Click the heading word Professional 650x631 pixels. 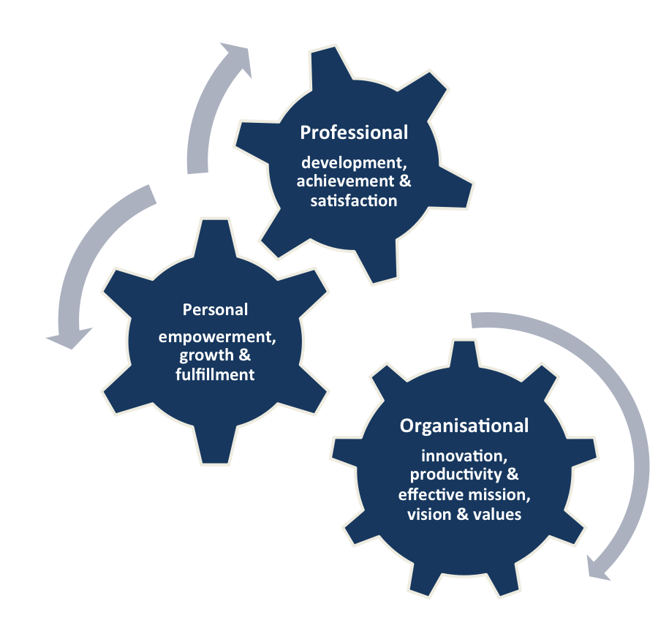click(x=354, y=132)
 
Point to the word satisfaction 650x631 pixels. click(x=352, y=200)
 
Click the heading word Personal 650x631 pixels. click(x=215, y=309)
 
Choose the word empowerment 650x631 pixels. click(x=217, y=339)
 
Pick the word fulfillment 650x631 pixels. click(x=217, y=374)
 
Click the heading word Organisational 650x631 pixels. click(x=464, y=426)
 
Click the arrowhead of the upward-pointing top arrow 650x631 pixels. click(x=240, y=60)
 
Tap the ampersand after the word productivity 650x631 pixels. click(x=513, y=475)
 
